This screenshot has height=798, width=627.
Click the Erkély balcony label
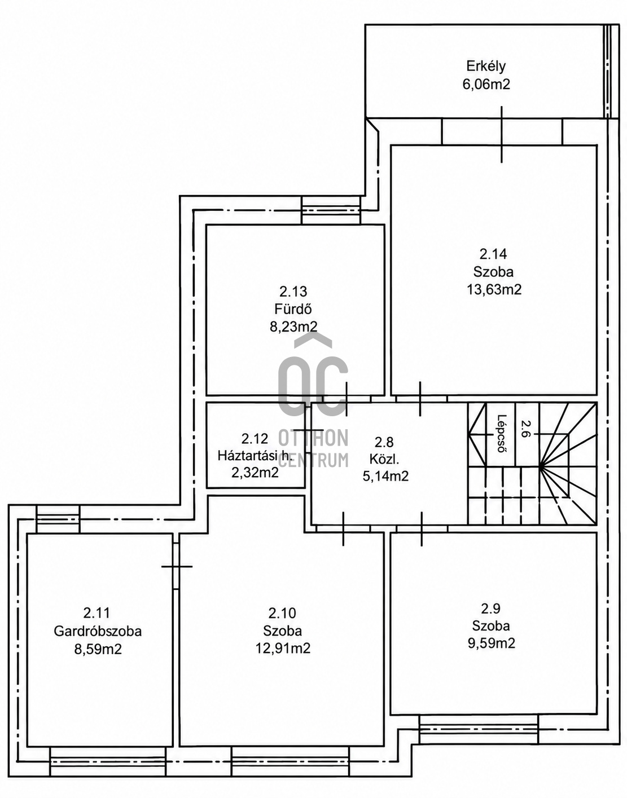tap(486, 67)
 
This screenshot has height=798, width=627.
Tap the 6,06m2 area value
tap(486, 85)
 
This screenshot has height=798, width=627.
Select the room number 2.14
tap(493, 254)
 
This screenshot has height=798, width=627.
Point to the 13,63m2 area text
tap(494, 290)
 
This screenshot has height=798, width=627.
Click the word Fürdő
tap(293, 309)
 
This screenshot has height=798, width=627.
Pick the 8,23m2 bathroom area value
tap(293, 327)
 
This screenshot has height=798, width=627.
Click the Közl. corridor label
tap(384, 459)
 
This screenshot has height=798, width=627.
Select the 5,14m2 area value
tap(385, 477)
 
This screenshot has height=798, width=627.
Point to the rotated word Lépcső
tap(502, 434)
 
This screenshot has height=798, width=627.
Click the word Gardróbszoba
tap(98, 631)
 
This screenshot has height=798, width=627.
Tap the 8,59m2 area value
tap(98, 649)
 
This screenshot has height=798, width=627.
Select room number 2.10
tap(282, 613)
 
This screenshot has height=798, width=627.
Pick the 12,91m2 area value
tap(283, 648)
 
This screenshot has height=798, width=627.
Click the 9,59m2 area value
tap(491, 643)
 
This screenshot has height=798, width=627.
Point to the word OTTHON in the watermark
tap(313, 438)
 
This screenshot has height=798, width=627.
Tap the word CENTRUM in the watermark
tap(313, 460)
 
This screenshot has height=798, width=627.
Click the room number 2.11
tap(97, 613)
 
